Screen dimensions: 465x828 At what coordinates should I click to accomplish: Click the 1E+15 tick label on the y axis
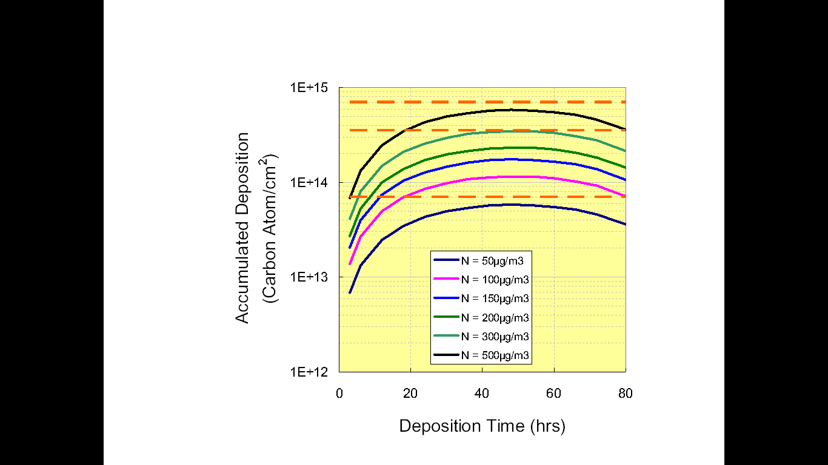[309, 88]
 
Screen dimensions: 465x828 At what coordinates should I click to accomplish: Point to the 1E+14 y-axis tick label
[309, 182]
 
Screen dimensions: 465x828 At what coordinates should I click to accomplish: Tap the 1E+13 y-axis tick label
[309, 277]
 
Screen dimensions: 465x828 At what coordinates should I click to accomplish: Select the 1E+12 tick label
[309, 371]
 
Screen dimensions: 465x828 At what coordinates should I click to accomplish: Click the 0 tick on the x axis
[339, 393]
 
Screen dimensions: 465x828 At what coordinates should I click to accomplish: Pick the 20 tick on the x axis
[410, 393]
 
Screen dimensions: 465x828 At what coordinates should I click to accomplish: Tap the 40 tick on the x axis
[482, 393]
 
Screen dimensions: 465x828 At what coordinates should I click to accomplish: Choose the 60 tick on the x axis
[553, 393]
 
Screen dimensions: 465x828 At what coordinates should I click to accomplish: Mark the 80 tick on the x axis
[625, 393]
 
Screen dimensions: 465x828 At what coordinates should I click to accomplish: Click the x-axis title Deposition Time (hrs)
[482, 426]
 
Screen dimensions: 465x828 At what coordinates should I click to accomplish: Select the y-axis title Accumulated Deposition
[242, 228]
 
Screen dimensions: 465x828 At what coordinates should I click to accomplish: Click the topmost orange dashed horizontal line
[485, 102]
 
